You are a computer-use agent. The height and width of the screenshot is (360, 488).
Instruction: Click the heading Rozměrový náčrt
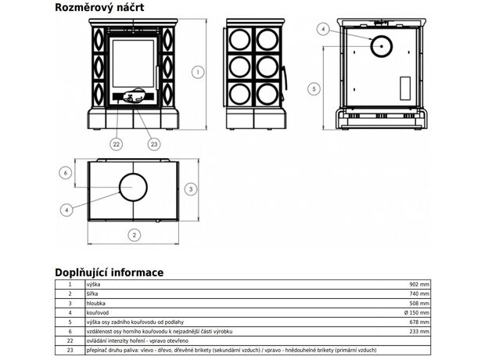[99, 9]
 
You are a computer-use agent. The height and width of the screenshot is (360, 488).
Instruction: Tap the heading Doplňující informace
[109, 272]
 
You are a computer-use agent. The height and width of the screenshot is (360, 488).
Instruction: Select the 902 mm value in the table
[420, 285]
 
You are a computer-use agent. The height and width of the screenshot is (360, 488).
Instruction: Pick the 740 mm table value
[420, 293]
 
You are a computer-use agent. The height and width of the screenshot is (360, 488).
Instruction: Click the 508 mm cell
[420, 303]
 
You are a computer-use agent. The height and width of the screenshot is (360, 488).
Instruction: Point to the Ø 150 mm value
[417, 312]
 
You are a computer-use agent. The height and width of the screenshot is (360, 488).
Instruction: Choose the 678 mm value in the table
[420, 322]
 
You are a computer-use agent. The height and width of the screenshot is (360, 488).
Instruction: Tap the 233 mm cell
[420, 331]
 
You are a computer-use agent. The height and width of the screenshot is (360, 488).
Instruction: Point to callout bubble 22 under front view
[116, 143]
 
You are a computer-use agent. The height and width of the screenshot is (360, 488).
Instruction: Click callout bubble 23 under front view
[153, 143]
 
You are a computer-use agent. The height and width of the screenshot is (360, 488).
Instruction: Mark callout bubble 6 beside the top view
[66, 172]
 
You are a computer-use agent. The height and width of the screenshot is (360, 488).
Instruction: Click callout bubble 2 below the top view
[134, 234]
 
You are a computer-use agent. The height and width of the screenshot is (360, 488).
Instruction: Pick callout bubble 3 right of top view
[192, 189]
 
